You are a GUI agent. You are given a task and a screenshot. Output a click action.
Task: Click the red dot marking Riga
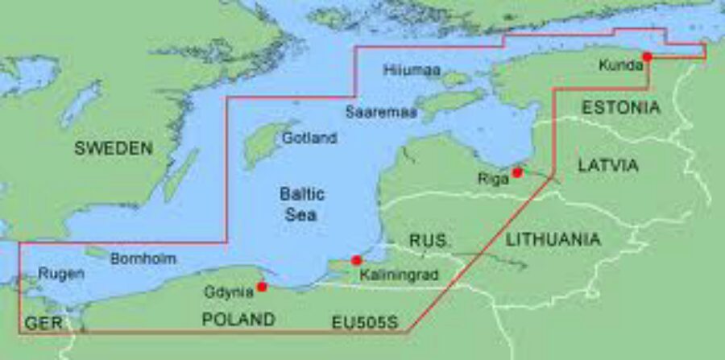(x=518, y=172)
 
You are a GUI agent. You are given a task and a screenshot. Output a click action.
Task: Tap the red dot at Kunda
(x=647, y=56)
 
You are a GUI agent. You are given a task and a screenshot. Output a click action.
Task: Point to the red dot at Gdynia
(x=262, y=287)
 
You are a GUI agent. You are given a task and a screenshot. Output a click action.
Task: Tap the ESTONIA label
(x=621, y=107)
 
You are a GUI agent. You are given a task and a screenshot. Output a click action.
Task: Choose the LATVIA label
(x=608, y=165)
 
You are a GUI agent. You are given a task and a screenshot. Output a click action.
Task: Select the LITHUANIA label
(x=553, y=239)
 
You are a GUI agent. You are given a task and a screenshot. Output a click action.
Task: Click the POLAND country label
(x=238, y=320)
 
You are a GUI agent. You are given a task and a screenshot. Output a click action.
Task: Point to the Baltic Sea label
(x=302, y=204)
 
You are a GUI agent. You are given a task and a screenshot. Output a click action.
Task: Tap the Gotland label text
(x=309, y=138)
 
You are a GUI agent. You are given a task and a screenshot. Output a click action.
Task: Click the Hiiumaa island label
(x=412, y=70)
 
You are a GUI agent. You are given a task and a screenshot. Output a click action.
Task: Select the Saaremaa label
(x=382, y=113)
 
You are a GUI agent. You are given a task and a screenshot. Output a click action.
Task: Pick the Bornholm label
(x=143, y=259)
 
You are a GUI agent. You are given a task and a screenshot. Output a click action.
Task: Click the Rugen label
(x=60, y=274)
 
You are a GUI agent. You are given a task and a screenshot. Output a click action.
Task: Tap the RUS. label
(x=431, y=240)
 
